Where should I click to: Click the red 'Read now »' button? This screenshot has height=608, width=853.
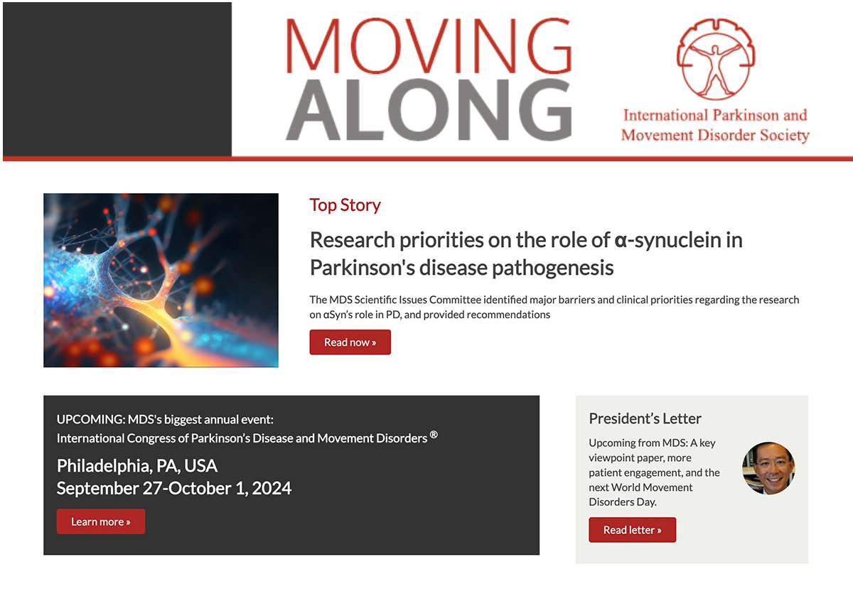tap(350, 342)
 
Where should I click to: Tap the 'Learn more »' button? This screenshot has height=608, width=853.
tap(101, 521)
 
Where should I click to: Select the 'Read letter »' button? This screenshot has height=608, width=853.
tap(632, 530)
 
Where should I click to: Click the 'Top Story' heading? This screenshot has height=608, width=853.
tap(345, 205)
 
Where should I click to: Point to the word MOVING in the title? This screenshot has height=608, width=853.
tap(429, 45)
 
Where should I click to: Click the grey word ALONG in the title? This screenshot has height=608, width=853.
tap(429, 109)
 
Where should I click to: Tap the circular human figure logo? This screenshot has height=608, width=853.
tap(716, 59)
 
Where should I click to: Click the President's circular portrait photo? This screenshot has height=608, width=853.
tap(768, 468)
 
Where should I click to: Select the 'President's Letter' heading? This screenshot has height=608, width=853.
tap(645, 418)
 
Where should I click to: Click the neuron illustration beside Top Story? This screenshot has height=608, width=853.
tap(161, 280)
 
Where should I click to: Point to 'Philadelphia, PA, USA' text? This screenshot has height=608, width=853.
tap(137, 466)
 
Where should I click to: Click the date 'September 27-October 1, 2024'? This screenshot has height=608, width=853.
tap(174, 488)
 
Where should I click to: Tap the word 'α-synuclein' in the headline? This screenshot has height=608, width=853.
tap(670, 240)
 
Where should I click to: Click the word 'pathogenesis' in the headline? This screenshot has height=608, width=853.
tap(552, 268)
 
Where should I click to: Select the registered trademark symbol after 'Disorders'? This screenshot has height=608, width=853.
tap(434, 434)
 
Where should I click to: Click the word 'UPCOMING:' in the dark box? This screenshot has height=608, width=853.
tap(91, 419)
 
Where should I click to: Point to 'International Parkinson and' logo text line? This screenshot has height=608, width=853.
tap(715, 115)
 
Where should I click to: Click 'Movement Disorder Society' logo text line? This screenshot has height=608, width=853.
tap(715, 136)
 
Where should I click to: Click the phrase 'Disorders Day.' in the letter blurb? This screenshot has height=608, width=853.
tap(623, 502)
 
